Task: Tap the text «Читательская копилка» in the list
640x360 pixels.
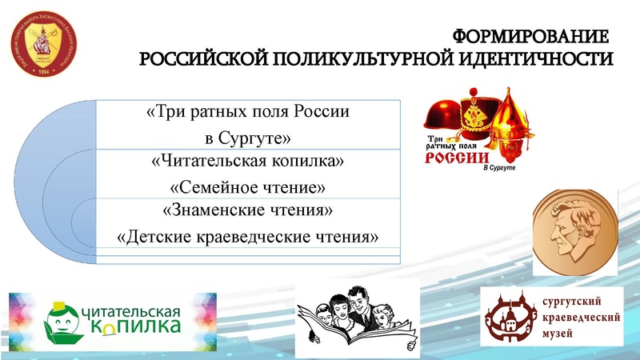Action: click(x=247, y=162)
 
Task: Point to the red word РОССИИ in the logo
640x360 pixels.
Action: click(x=452, y=158)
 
